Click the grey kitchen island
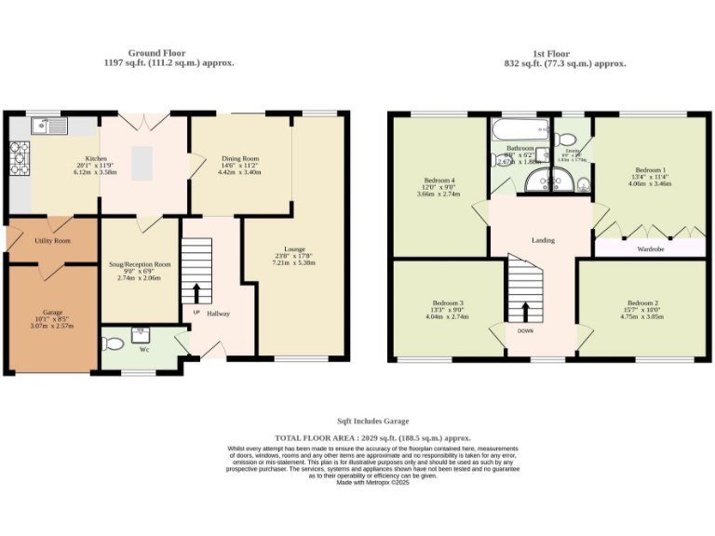pyautogui.click(x=142, y=164)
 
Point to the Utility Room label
pyautogui.click(x=52, y=240)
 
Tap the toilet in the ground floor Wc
pyautogui.click(x=113, y=343)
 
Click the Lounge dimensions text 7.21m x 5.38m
pyautogui.click(x=294, y=263)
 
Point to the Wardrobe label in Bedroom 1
pyautogui.click(x=649, y=248)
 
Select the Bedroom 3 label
pyautogui.click(x=448, y=302)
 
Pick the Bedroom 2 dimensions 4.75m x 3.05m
pyautogui.click(x=642, y=316)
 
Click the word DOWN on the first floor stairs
pyautogui.click(x=525, y=330)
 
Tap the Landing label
pyautogui.click(x=543, y=240)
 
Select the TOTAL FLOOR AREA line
pyautogui.click(x=372, y=437)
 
